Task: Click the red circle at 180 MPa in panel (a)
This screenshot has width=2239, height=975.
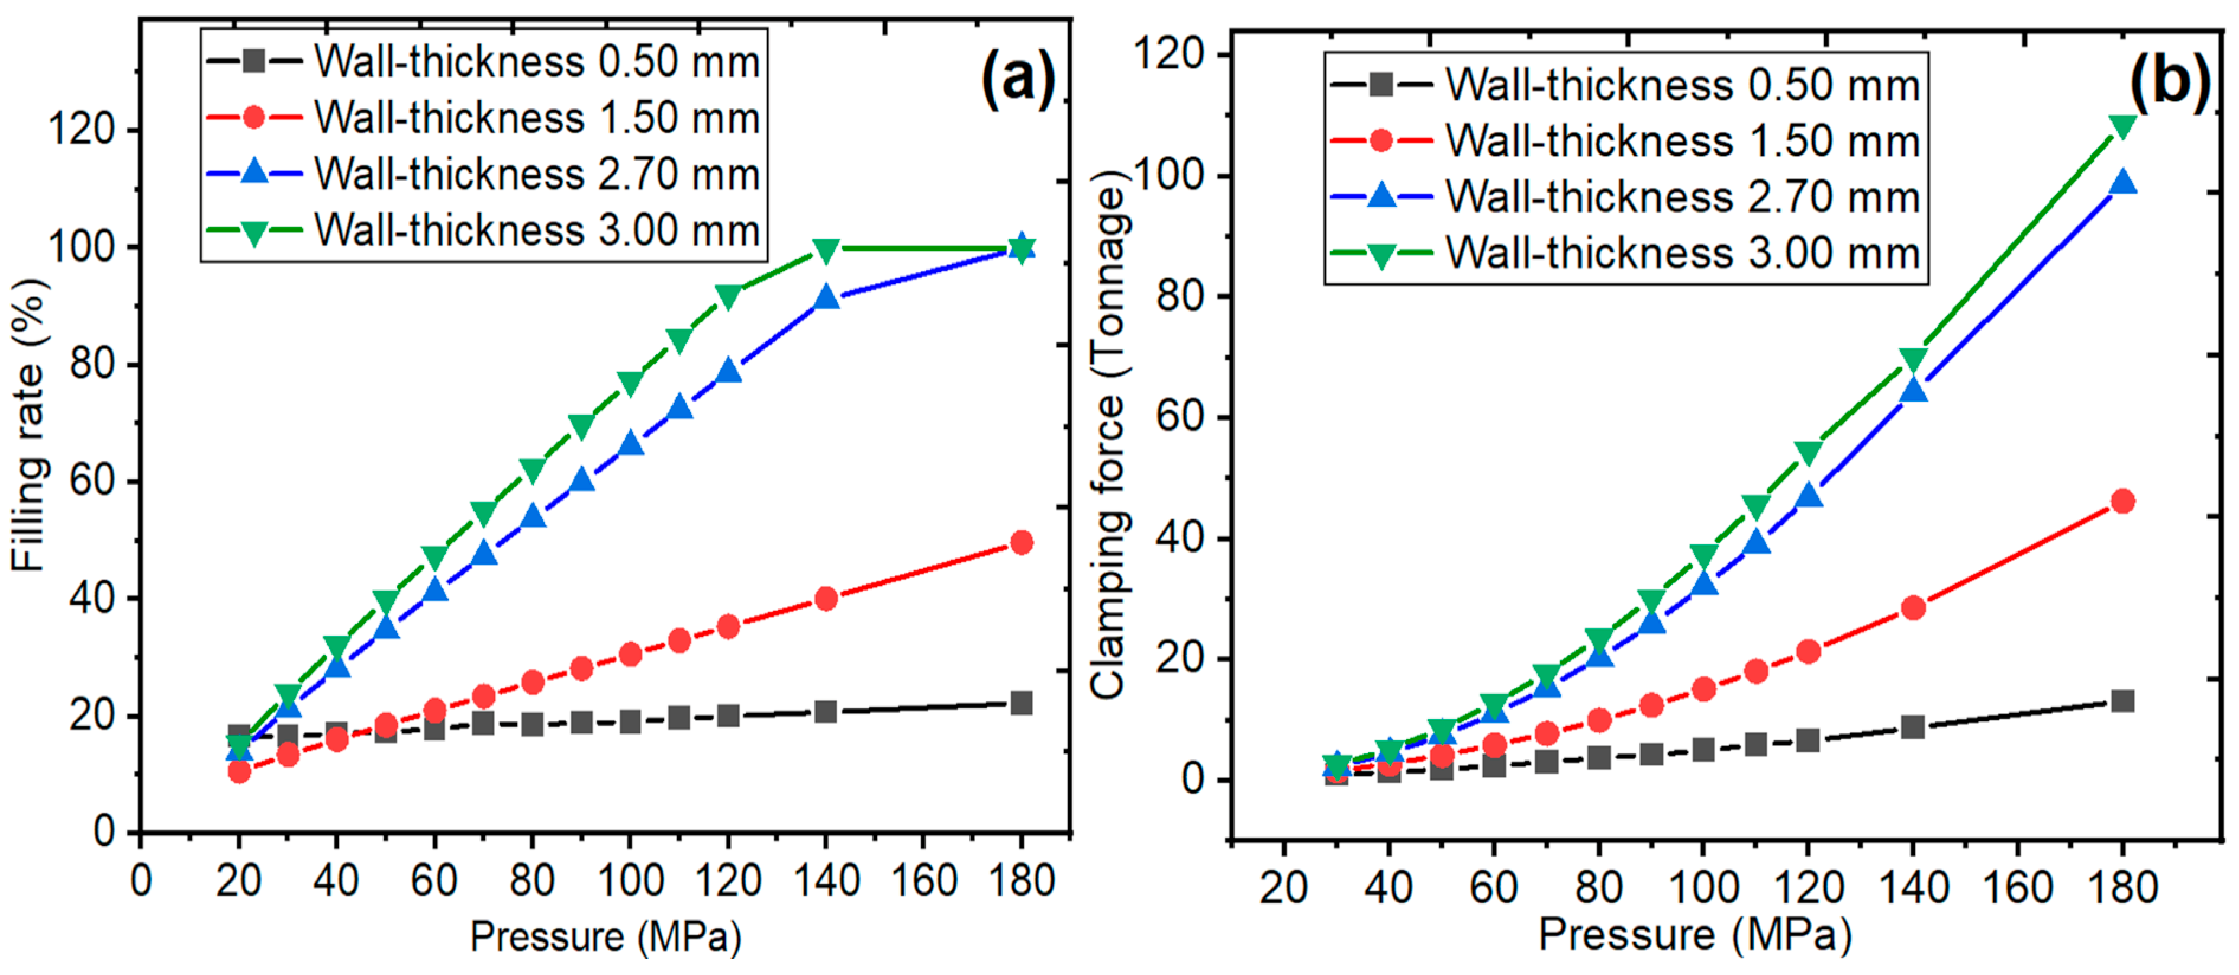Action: coord(1022,543)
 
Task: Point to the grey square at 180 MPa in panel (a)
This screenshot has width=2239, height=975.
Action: coord(1022,703)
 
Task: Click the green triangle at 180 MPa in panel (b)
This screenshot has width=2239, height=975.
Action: coord(2122,127)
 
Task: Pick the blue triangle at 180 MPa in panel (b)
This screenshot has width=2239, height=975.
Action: coord(2122,182)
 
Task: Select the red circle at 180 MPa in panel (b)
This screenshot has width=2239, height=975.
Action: coord(2122,501)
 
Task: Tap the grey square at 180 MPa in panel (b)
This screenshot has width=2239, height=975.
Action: coord(2122,701)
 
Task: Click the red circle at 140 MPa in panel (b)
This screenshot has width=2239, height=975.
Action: coord(1912,608)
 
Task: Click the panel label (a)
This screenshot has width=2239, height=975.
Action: coord(1017,78)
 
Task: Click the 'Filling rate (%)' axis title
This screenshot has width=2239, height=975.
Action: coord(30,426)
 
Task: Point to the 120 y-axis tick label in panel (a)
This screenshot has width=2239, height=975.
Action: coord(83,130)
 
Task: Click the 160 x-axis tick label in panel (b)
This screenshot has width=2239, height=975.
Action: coord(2018,888)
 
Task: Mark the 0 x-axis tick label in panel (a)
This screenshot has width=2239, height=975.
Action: coord(141,881)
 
